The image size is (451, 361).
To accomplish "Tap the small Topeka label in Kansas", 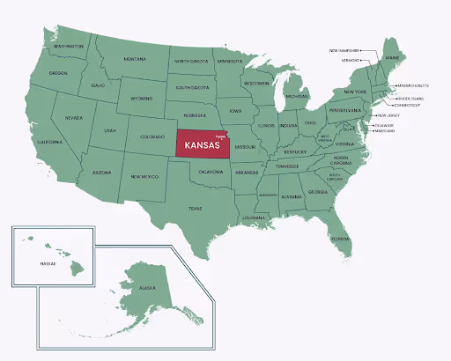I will (x=220, y=137).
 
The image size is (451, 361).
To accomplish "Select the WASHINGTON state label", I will (x=69, y=46).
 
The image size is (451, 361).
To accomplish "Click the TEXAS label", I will (x=195, y=208).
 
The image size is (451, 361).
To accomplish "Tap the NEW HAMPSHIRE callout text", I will (x=344, y=50).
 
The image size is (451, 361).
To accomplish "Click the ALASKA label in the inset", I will (x=147, y=288).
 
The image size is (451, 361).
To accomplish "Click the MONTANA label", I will (x=135, y=59).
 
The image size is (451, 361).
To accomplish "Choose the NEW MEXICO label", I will (x=144, y=176).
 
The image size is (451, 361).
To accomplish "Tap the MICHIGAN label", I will (x=298, y=95).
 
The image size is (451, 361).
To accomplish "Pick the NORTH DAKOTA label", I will (x=191, y=62).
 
